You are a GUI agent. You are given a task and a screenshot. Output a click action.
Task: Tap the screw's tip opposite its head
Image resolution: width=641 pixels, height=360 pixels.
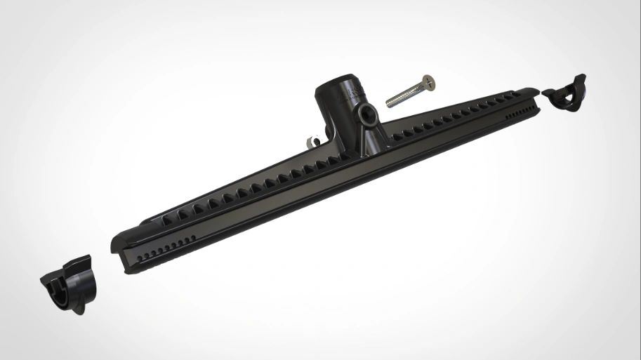click(x=388, y=102)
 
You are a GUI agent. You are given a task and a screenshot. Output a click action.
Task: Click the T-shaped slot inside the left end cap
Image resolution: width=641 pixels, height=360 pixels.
click(x=60, y=290)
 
